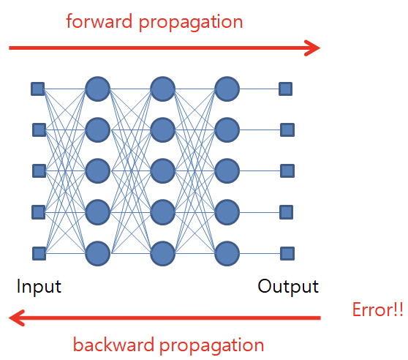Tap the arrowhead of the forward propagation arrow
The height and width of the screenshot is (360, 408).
tap(313, 49)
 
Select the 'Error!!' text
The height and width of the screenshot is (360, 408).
tap(377, 310)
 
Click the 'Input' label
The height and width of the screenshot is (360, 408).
tap(39, 285)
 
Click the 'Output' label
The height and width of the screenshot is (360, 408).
tap(288, 285)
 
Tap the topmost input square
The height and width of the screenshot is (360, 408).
tap(37, 89)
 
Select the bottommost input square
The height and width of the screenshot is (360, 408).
tap(39, 253)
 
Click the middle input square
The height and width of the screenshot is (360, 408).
tap(39, 171)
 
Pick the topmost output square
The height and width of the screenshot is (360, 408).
tap(286, 89)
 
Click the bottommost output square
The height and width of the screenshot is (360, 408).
tap(287, 253)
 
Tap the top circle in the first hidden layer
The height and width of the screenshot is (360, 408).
tap(97, 89)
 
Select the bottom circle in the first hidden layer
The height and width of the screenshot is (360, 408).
tap(97, 253)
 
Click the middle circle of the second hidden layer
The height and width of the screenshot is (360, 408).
tap(162, 171)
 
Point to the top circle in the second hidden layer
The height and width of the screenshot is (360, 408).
tap(162, 89)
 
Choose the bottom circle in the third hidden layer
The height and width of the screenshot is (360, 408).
tap(227, 253)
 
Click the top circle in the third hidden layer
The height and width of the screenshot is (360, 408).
tap(227, 89)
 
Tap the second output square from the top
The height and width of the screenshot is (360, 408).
tap(287, 130)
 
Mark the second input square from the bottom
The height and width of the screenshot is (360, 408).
tap(39, 212)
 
